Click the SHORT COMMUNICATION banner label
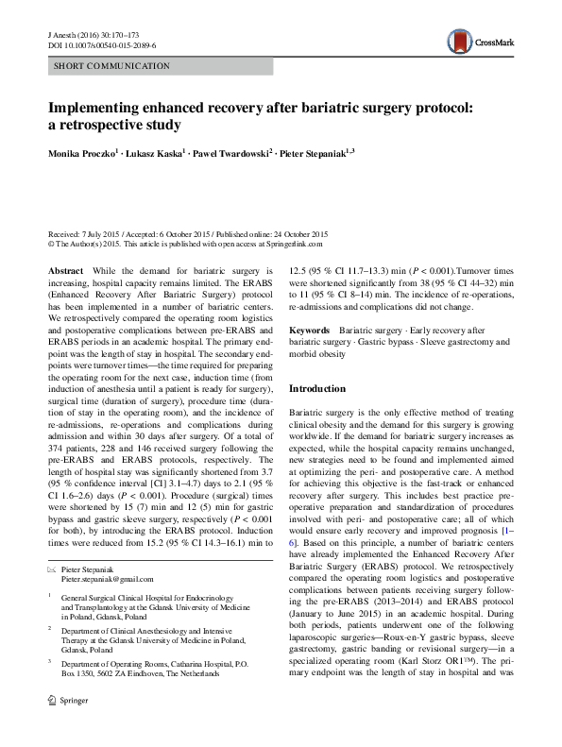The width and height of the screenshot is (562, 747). tap(111, 66)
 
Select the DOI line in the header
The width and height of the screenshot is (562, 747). tap(104, 44)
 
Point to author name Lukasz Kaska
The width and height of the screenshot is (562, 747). tap(160, 154)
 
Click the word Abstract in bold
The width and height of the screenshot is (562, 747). tap(65, 270)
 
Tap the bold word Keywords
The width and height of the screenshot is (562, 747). tap(310, 330)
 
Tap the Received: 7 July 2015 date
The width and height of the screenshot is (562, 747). tap(85, 233)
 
